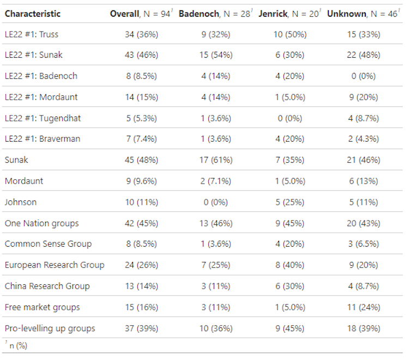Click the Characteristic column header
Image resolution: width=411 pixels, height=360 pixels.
click(33, 14)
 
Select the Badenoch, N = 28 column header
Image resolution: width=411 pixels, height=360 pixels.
click(215, 14)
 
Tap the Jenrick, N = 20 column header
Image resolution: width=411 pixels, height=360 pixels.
click(289, 14)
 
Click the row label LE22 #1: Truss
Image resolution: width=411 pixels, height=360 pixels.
click(32, 34)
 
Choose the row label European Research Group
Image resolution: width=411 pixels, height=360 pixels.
click(55, 265)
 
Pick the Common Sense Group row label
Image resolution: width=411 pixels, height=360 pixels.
click(48, 244)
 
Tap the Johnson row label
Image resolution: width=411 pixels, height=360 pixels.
click(21, 202)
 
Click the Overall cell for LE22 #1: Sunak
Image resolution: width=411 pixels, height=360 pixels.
click(141, 56)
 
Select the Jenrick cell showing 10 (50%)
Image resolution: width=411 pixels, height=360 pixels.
click(289, 34)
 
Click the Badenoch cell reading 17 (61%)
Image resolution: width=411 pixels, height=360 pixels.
click(215, 160)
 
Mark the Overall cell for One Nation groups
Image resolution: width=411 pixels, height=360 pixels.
click(141, 223)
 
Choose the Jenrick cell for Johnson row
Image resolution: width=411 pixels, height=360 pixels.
click(289, 202)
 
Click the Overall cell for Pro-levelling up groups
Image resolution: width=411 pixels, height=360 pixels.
click(141, 328)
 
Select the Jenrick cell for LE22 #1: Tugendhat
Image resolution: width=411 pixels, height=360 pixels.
click(289, 118)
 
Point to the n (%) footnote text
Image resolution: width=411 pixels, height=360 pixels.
click(18, 346)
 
